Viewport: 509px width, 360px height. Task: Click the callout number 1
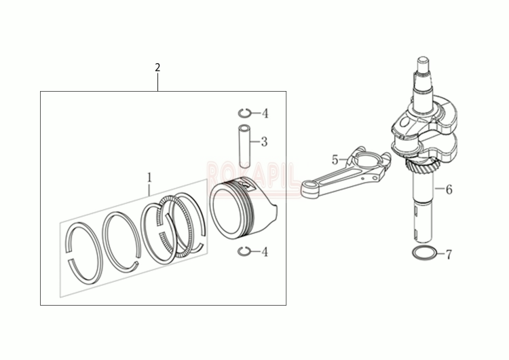(149, 178)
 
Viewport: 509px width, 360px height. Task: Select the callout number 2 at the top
(157, 67)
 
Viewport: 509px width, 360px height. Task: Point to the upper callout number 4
(265, 113)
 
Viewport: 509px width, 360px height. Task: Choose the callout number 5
(335, 160)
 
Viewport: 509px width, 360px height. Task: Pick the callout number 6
(448, 190)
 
